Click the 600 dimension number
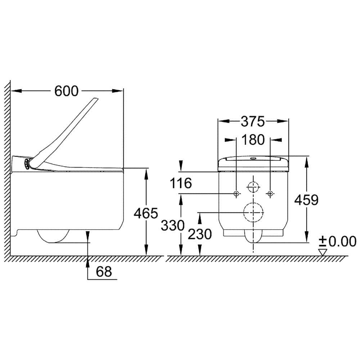pos(66,91)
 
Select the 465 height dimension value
pos(146,213)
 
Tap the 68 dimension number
pos(104,271)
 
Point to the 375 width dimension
pos(253,121)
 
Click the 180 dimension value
pos(253,140)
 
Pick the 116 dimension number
pos(181,183)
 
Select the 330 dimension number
pos(173,225)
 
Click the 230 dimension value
pos(200,234)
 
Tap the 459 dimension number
pos(306,200)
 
